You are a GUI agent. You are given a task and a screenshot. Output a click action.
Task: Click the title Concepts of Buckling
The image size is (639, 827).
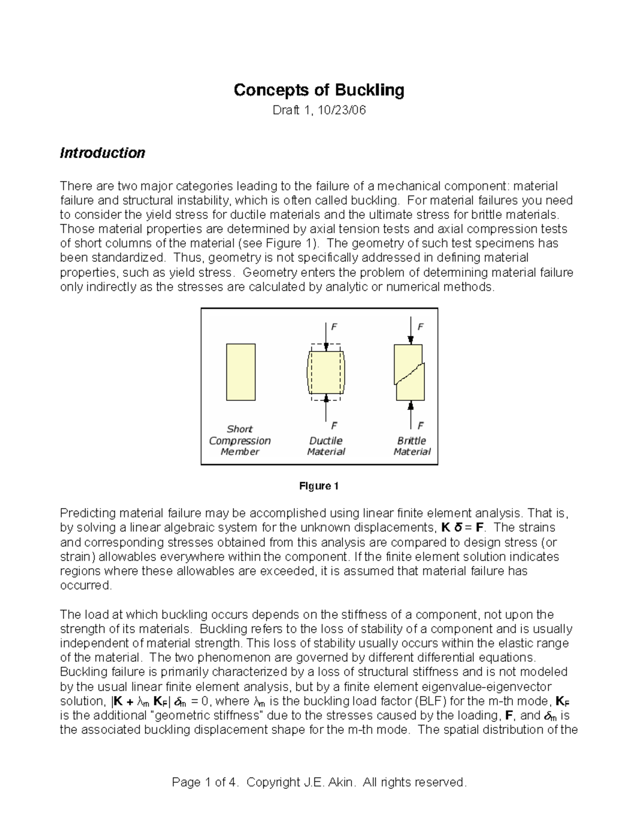(x=319, y=90)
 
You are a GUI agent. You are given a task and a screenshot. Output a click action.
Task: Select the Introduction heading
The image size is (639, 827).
(x=102, y=153)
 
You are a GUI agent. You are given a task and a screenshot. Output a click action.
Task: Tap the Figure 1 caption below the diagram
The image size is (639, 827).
(x=319, y=486)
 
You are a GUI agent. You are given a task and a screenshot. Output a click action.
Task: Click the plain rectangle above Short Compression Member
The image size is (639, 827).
(x=241, y=372)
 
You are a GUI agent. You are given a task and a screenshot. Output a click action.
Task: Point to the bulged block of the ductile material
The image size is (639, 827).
(x=326, y=371)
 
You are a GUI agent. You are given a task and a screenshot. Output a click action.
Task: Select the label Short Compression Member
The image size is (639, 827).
(x=240, y=440)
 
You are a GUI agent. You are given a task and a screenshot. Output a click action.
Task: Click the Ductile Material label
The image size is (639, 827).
(x=326, y=446)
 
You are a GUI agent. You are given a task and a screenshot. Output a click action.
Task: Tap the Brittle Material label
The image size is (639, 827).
(x=412, y=446)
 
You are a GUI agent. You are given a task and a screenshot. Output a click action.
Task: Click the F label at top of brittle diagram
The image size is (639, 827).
(x=421, y=327)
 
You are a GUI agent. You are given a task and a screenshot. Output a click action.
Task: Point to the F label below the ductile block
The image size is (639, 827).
(x=334, y=425)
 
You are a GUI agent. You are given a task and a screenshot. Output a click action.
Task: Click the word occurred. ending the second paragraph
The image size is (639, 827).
(x=86, y=585)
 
